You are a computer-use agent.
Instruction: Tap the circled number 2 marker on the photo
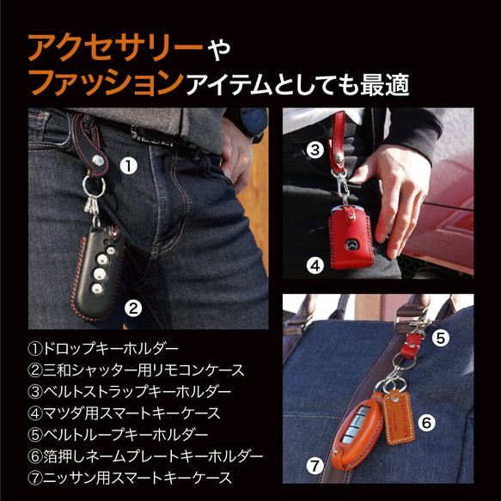[x=133, y=305]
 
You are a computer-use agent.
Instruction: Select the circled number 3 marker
[x=315, y=150]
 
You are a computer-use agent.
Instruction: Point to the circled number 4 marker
[x=315, y=266]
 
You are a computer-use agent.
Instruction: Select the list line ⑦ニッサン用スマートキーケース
[x=129, y=476]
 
